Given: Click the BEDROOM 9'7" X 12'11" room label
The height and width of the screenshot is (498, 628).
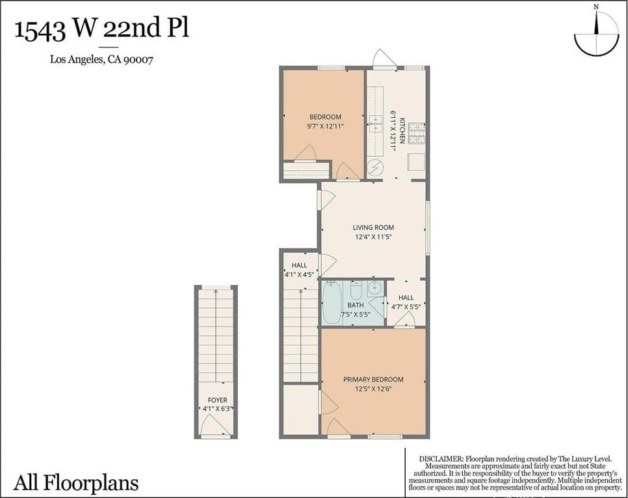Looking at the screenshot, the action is coord(325,122).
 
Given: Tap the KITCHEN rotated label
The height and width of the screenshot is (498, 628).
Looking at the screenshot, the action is coord(402,130).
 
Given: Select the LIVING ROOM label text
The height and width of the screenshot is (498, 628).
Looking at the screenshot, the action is coord(373,227).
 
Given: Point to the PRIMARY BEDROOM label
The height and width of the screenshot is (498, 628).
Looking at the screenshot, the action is coord(373,379).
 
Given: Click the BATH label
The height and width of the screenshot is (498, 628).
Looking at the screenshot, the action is coord(355,306).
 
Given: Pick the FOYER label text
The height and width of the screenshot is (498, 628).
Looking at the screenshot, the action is coord(218,400).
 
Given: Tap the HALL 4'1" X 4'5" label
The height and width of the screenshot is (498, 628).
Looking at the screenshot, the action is coord(299,270).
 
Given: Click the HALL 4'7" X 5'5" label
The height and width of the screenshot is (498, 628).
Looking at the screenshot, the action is coord(406,302).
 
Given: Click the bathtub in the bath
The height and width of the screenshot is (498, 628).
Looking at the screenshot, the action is coord(332,302).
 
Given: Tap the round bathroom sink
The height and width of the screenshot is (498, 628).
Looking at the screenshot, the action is coord(374,287).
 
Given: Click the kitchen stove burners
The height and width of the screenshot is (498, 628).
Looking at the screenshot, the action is coord(417,133).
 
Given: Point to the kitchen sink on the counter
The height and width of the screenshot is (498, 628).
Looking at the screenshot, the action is coord(376,124).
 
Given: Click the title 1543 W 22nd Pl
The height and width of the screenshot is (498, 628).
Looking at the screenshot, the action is coord(101,29).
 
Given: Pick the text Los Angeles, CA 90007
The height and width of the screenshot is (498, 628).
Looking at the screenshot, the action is coord(101,60).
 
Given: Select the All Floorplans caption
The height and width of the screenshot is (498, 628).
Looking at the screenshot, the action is coord(76,482).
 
